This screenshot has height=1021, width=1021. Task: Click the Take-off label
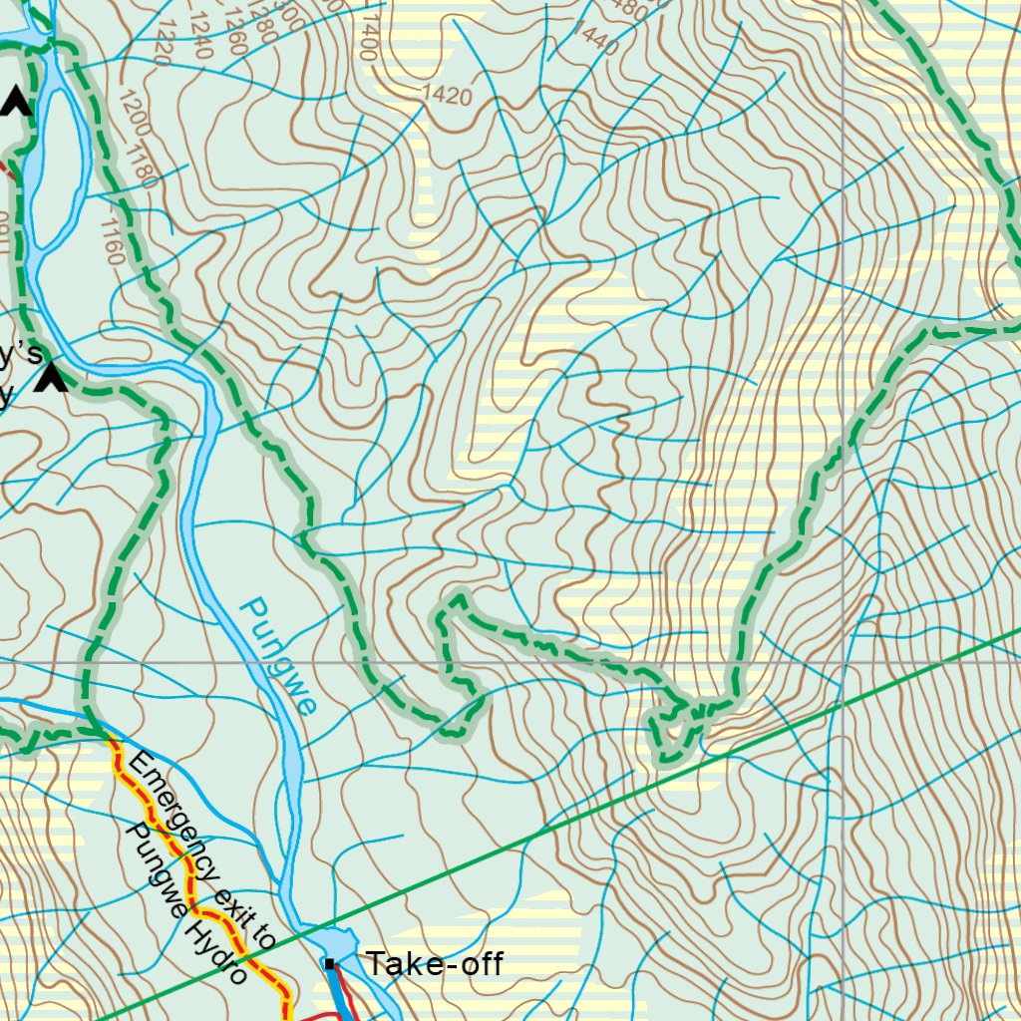(434, 964)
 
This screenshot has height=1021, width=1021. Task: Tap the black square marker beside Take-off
(329, 963)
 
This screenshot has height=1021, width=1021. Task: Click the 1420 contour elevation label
(447, 96)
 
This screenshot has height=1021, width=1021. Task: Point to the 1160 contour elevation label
(112, 240)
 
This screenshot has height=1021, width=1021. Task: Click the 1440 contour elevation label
(595, 40)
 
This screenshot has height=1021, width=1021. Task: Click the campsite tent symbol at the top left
(16, 101)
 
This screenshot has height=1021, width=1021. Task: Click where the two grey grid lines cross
(844, 661)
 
